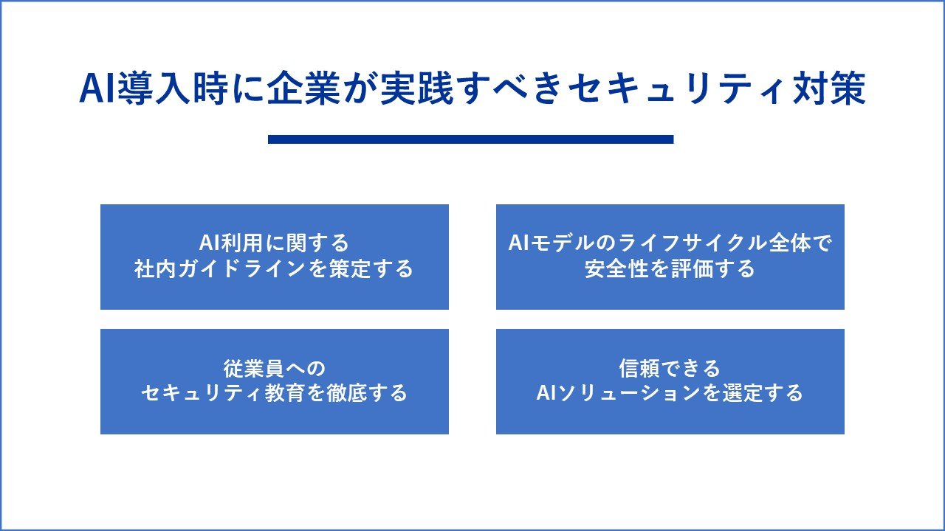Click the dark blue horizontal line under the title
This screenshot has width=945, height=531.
(x=470, y=139)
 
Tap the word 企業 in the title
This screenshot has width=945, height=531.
(x=303, y=88)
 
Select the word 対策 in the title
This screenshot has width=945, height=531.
(x=829, y=88)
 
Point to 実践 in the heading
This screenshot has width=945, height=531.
(x=417, y=88)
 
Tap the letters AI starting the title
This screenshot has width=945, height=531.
(x=97, y=88)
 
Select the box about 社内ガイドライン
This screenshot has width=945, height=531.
(x=274, y=257)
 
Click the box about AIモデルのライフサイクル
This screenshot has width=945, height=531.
(x=670, y=257)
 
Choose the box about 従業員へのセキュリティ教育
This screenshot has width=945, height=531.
(x=274, y=381)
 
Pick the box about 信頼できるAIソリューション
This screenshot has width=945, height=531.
(x=670, y=381)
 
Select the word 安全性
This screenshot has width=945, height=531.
(x=616, y=269)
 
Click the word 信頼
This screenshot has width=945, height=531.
(x=639, y=368)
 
